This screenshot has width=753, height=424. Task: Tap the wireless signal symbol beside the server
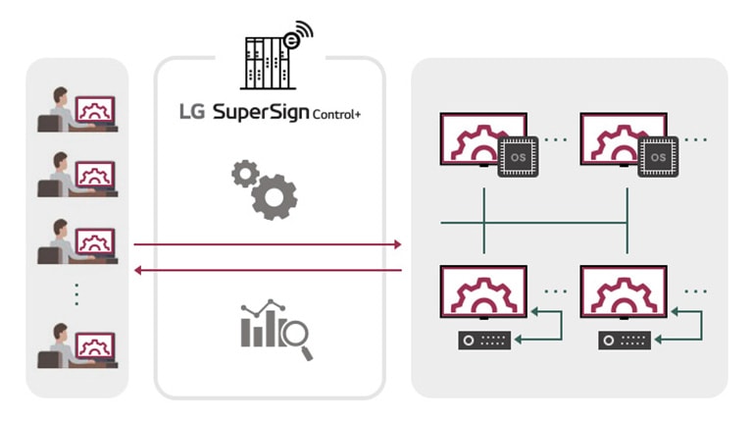tap(296, 35)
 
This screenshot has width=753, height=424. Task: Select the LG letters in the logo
tap(191, 112)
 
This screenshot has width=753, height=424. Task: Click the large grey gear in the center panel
tap(275, 197)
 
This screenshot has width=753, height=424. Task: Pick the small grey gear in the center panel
tap(244, 174)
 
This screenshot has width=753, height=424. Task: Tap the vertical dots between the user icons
tap(76, 293)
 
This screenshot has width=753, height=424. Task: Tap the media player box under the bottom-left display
tap(483, 341)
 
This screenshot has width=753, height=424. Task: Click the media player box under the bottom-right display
tap(624, 341)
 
